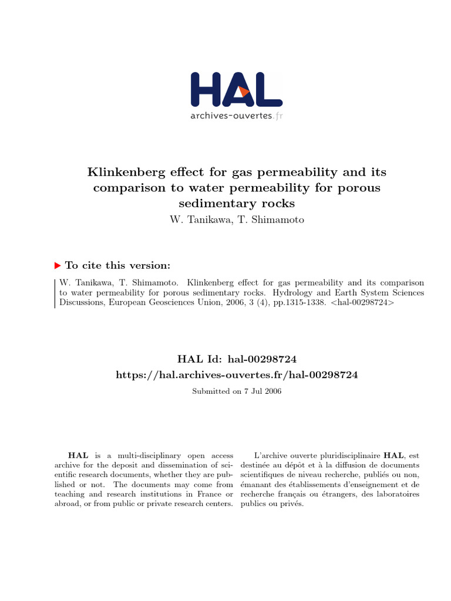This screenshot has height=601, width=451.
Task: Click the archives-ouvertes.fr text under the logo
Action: click(236, 116)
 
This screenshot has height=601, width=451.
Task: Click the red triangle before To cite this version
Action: click(57, 265)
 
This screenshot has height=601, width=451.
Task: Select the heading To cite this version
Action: click(117, 265)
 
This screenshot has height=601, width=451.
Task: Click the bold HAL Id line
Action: click(237, 359)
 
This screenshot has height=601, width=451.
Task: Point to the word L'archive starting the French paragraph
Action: click(271, 455)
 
